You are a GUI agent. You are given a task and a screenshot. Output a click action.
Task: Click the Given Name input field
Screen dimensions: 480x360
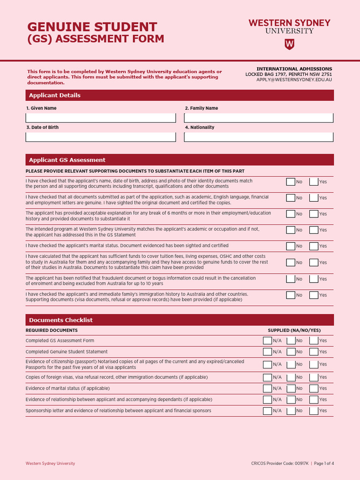click(101, 118)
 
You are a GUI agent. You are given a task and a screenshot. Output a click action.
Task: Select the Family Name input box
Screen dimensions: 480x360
click(259, 118)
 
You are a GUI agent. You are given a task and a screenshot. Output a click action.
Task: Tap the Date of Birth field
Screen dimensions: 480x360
click(101, 137)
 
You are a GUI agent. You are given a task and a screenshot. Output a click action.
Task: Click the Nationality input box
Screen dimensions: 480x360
click(259, 137)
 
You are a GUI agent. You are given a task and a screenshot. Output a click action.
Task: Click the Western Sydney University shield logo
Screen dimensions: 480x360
click(289, 44)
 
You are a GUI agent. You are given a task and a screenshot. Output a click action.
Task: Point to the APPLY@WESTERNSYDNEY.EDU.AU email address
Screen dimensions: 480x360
click(294, 80)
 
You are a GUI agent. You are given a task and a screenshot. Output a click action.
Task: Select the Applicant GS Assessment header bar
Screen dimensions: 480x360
click(180, 160)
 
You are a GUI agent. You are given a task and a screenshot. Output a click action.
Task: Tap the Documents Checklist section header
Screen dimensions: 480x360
click(180, 320)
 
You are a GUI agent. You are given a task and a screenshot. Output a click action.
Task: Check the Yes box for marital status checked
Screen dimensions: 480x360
click(314, 246)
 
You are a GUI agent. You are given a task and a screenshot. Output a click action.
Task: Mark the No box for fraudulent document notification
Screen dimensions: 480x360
click(291, 279)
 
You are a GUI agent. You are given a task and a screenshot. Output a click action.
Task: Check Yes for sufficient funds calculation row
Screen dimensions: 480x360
click(314, 262)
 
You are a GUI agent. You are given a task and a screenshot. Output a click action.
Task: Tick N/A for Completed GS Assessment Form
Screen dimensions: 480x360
click(267, 340)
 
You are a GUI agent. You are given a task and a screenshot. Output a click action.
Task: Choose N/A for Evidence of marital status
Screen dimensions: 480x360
click(267, 388)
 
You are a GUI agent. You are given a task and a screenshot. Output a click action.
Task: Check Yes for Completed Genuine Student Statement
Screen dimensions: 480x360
click(314, 352)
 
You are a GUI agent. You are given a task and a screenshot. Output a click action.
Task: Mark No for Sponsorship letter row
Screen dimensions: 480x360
click(291, 411)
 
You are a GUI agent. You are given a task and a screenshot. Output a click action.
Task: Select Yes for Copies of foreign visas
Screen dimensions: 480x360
click(314, 377)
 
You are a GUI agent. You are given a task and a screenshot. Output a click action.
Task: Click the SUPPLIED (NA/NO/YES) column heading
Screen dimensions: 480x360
click(294, 330)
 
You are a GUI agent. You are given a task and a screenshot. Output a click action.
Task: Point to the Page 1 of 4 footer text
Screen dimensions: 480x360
click(323, 464)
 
